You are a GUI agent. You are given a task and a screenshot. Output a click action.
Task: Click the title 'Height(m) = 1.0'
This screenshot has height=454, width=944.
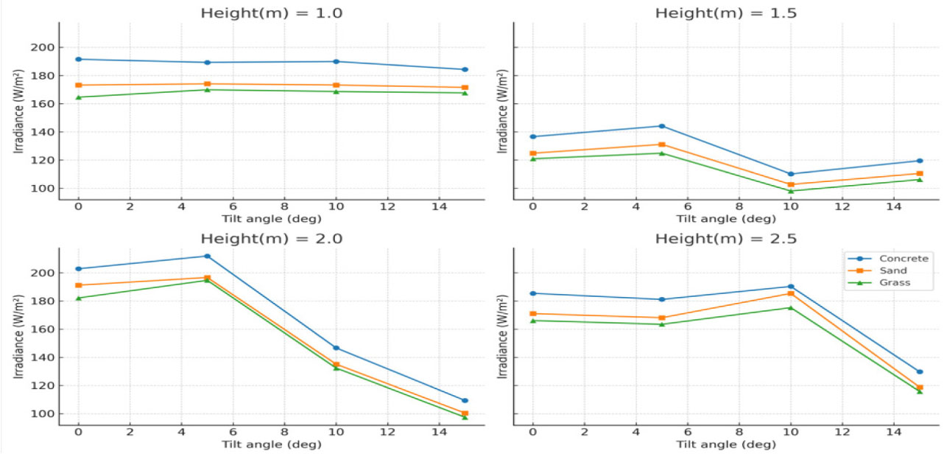tap(272, 13)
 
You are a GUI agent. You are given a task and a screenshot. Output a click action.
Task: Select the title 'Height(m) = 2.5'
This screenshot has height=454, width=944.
tap(726, 238)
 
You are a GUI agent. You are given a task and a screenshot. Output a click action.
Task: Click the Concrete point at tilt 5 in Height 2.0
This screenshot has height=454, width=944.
tap(207, 256)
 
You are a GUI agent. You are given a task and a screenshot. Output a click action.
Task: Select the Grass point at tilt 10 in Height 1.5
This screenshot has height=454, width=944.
tap(791, 191)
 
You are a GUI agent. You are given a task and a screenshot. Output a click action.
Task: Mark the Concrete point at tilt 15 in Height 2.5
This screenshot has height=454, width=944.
tap(920, 371)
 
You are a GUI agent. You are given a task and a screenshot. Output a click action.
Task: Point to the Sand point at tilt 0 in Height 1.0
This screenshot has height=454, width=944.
tap(78, 85)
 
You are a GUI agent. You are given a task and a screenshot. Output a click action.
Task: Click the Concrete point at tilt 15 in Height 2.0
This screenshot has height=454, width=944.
tap(465, 400)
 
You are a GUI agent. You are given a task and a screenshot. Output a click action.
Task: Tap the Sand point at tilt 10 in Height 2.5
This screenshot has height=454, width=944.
tap(791, 293)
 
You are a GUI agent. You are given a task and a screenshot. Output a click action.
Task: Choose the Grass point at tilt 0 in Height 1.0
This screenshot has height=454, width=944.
tap(78, 97)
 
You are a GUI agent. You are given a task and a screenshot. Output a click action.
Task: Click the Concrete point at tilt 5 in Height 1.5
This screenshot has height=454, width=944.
tap(661, 126)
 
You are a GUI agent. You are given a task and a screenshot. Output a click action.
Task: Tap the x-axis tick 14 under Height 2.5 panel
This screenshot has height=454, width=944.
tap(894, 433)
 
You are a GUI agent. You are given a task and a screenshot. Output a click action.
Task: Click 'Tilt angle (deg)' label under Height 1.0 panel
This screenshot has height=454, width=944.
tap(272, 219)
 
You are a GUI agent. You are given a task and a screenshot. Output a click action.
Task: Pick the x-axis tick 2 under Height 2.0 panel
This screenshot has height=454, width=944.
tap(130, 433)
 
